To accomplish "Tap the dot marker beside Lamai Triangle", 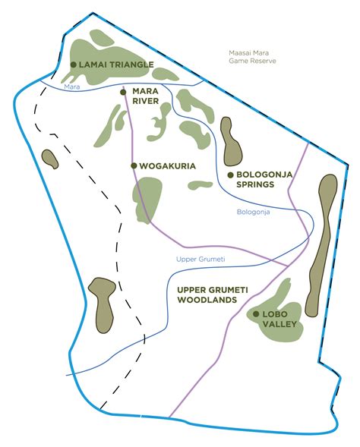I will point(73,65).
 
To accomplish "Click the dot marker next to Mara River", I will point(123,92).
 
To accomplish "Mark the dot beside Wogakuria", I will point(134,165).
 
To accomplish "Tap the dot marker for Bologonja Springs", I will point(230,175).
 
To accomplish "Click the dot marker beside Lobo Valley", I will point(256,314).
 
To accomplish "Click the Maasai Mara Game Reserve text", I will point(252,57).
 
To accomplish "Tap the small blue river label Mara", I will point(72,87).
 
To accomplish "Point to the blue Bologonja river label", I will point(254,212).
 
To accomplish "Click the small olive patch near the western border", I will point(50,159).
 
